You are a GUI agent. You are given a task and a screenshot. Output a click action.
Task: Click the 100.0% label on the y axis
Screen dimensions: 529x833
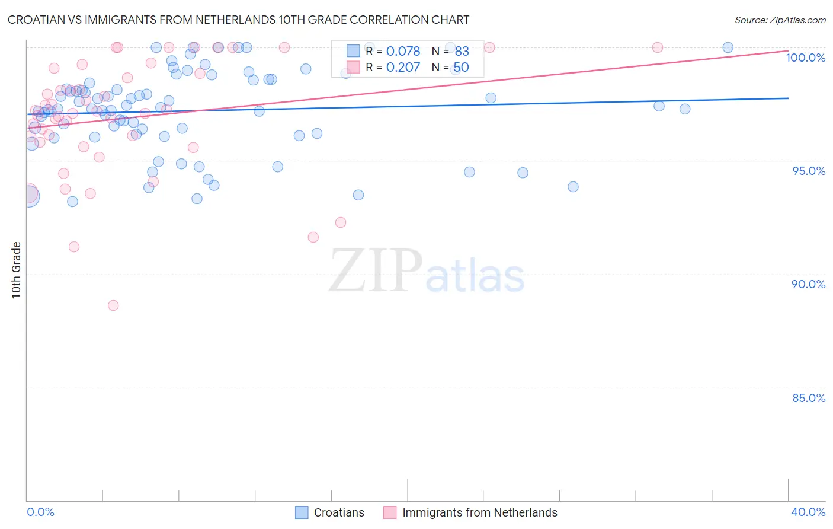805,58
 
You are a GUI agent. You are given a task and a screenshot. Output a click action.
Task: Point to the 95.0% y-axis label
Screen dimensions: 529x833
809,171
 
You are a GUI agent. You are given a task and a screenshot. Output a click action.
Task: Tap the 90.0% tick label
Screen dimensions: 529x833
808,284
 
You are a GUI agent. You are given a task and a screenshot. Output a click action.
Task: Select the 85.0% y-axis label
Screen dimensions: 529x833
809,398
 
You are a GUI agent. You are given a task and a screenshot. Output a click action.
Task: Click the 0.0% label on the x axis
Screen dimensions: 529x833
40,512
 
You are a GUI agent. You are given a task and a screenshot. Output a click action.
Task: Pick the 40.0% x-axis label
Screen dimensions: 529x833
808,512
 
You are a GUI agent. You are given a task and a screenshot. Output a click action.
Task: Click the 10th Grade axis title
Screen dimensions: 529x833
16,270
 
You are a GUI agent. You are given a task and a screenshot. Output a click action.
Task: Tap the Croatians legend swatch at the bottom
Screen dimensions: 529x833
302,512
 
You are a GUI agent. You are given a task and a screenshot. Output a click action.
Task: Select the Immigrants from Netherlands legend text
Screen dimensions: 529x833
479,512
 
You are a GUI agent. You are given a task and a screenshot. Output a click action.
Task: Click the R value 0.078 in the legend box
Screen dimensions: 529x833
403,52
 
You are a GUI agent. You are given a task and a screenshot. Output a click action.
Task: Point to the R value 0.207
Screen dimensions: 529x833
403,68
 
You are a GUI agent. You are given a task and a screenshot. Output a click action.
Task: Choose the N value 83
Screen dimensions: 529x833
462,52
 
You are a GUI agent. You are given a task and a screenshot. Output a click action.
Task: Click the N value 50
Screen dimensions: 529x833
461,68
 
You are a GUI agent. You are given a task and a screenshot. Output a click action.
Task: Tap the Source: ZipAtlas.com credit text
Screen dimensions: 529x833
780,20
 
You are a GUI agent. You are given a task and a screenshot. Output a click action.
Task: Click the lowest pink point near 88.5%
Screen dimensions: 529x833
113,305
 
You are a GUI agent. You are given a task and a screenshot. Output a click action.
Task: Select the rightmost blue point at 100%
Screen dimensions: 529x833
728,47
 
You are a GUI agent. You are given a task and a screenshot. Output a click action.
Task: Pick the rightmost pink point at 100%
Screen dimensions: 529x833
657,47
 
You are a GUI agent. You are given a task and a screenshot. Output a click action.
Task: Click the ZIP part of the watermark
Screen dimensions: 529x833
375,271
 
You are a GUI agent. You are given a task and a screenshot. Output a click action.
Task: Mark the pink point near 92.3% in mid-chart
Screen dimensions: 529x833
341,222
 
